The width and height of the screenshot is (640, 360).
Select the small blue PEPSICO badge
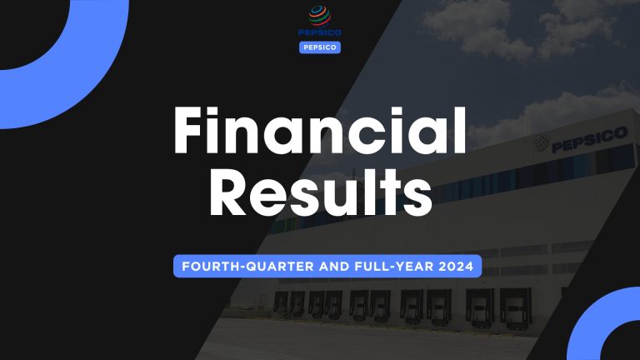tap(320, 47)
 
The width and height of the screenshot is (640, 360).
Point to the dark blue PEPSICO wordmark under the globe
tap(320, 34)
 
